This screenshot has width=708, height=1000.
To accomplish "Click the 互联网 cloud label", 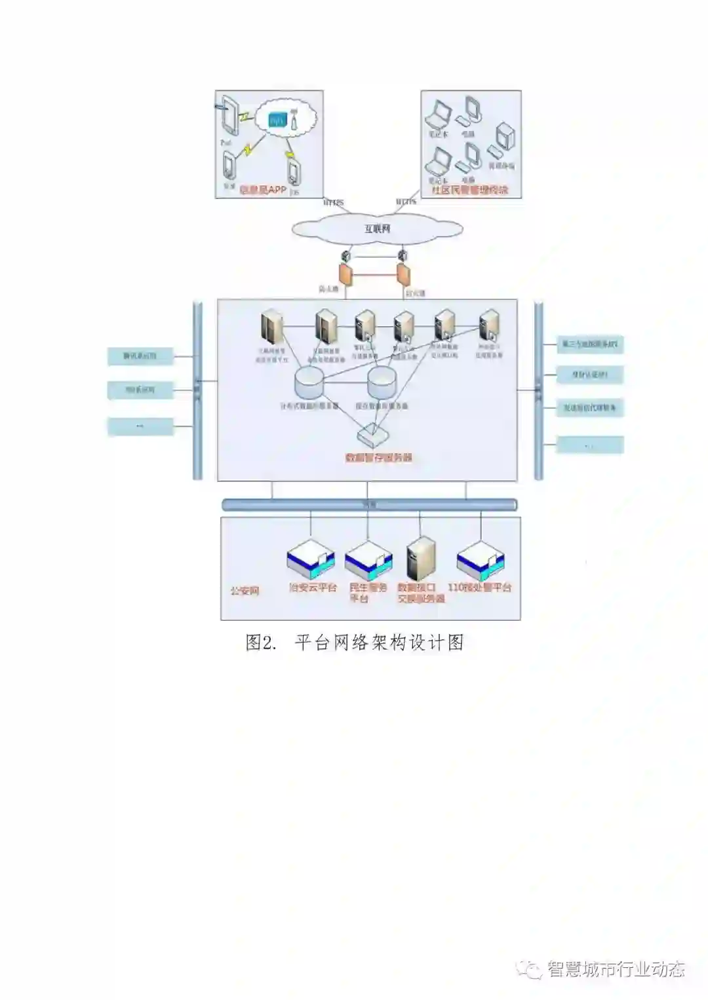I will (x=378, y=229).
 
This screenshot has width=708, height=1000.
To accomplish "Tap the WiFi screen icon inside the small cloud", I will (x=277, y=120).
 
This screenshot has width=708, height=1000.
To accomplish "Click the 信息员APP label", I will (x=263, y=190).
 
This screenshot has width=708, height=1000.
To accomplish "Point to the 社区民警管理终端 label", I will (x=469, y=190).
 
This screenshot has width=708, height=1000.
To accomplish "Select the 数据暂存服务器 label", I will (x=379, y=458).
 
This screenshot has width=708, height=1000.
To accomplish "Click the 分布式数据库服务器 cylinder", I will (x=309, y=382).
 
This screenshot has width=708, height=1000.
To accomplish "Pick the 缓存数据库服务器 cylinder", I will (x=382, y=382).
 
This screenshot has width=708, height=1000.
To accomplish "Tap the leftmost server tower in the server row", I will (x=271, y=325).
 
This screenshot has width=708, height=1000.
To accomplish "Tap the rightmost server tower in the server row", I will (x=489, y=325).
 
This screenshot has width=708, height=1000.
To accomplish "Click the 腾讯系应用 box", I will (x=140, y=356).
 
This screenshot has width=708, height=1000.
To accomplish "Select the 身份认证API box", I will (x=589, y=375).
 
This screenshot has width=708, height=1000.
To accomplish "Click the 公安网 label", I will (x=245, y=590).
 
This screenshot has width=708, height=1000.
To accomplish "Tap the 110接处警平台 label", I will (x=480, y=587).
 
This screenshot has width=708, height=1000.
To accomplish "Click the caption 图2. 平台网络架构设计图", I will (x=355, y=642).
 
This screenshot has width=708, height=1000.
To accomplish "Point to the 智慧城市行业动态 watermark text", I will (x=616, y=969).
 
